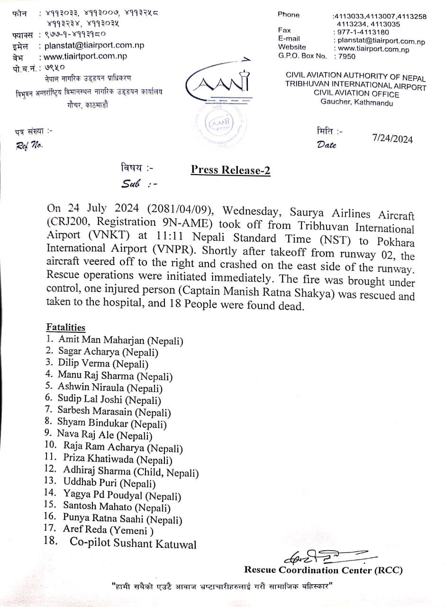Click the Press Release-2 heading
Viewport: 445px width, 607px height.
(x=230, y=170)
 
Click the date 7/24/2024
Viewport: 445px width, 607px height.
(x=392, y=139)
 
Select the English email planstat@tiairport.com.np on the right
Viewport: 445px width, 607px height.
(x=381, y=41)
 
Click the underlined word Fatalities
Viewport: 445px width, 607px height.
(x=66, y=327)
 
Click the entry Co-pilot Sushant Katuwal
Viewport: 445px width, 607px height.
(x=133, y=543)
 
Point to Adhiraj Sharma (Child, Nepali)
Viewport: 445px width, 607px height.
(x=131, y=473)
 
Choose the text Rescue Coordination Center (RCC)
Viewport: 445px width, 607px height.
(x=323, y=570)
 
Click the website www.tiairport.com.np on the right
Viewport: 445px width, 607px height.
(x=372, y=49)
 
